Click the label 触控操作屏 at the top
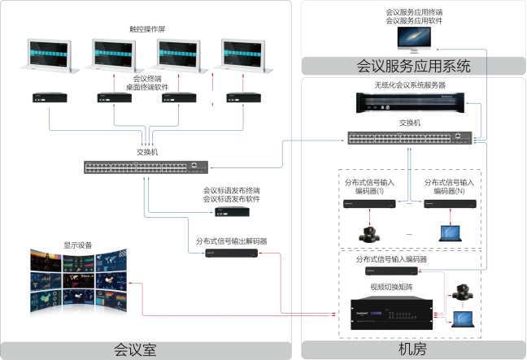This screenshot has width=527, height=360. coord(146,29)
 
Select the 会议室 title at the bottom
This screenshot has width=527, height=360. coord(146,350)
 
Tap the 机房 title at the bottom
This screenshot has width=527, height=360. coord(412,350)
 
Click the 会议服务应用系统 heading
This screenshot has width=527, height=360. coord(414,66)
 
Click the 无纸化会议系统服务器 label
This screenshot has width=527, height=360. coord(409,85)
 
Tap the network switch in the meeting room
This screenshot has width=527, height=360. coord(146,167)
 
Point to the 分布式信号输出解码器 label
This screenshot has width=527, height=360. coord(232,241)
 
